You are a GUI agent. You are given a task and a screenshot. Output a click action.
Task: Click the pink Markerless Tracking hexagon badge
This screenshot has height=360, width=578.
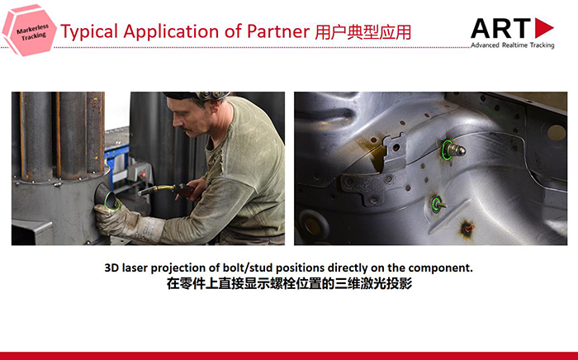pyautogui.click(x=29, y=31)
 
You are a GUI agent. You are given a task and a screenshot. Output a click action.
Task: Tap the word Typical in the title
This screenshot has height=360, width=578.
pyautogui.click(x=89, y=31)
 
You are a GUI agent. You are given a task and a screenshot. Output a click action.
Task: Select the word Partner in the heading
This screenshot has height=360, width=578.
pyautogui.click(x=278, y=31)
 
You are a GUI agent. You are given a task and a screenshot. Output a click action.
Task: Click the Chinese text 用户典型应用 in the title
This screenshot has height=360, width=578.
pyautogui.click(x=362, y=32)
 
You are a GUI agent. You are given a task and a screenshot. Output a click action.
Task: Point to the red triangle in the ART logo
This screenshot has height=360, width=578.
pyautogui.click(x=543, y=27)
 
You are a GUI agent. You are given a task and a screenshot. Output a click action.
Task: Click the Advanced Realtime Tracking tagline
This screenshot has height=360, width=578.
pyautogui.click(x=513, y=45)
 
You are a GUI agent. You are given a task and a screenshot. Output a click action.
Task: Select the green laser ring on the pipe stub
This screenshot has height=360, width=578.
pyautogui.click(x=111, y=201)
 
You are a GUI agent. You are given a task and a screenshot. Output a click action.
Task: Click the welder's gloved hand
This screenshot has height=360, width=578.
pyautogui.click(x=118, y=220)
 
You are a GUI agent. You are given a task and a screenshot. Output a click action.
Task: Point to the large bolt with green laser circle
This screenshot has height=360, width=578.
pyautogui.click(x=453, y=149)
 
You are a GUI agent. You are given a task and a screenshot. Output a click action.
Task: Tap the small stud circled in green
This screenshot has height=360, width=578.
pyautogui.click(x=438, y=204)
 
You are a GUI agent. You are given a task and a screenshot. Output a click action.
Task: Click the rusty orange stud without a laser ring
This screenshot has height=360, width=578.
pyautogui.click(x=467, y=228)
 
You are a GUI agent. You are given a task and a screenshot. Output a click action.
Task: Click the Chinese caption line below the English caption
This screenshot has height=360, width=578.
pyautogui.click(x=289, y=284)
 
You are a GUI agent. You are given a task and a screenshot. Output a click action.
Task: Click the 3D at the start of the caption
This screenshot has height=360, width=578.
pyautogui.click(x=111, y=268)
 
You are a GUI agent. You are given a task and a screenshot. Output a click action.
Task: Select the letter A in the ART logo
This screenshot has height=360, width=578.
pyautogui.click(x=483, y=28)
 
